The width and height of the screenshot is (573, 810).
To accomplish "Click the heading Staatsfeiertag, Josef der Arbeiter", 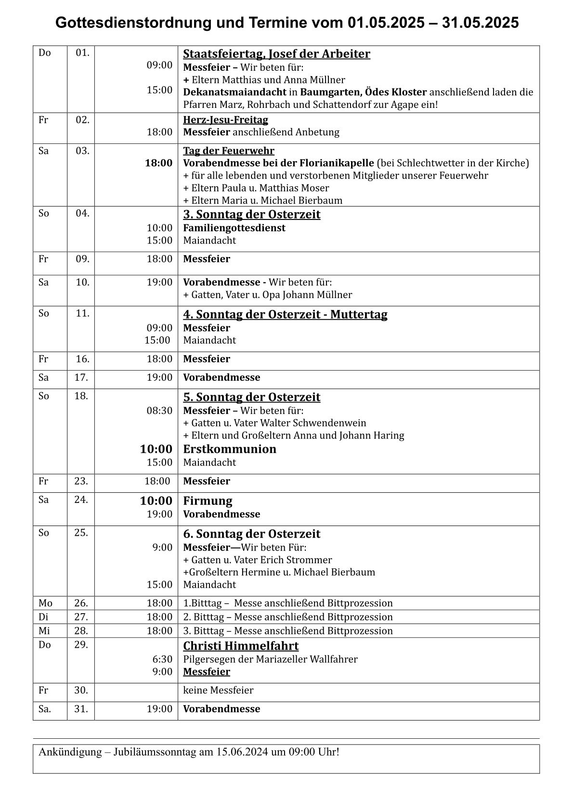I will (276, 54).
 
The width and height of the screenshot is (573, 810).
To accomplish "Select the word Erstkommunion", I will (230, 449).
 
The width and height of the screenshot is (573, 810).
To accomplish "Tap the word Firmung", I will (208, 501).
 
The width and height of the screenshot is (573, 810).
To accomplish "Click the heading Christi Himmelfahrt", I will (241, 646).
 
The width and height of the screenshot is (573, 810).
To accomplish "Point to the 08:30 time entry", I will (159, 411).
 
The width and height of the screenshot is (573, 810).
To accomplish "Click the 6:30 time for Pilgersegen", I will (162, 659).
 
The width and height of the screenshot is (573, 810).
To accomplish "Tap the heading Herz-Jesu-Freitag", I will (225, 120).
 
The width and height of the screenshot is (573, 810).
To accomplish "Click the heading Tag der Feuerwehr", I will (229, 151).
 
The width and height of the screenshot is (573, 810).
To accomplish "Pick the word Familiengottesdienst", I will (234, 228).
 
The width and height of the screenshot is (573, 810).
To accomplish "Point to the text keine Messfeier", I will (218, 691).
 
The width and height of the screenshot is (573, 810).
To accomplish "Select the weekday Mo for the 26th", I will (45, 604).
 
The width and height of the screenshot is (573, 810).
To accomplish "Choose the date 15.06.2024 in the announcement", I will (242, 752).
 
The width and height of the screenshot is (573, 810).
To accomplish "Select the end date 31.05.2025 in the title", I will (480, 23).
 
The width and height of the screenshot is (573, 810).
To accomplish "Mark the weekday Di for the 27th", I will (43, 617).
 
